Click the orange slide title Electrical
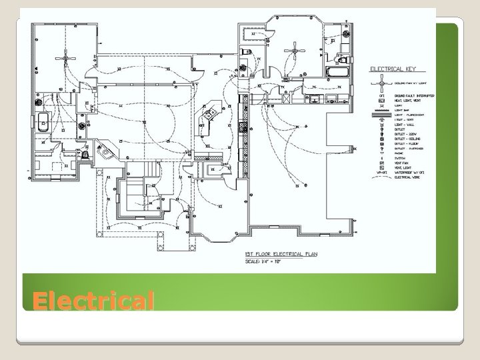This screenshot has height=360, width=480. point(93,301)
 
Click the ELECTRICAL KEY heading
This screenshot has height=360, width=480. point(393,69)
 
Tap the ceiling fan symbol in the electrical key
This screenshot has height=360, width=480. point(381,83)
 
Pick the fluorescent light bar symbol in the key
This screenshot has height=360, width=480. point(381,115)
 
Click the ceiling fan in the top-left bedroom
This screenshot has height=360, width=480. point(65,59)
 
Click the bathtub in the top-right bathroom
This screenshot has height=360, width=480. point(333,71)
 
